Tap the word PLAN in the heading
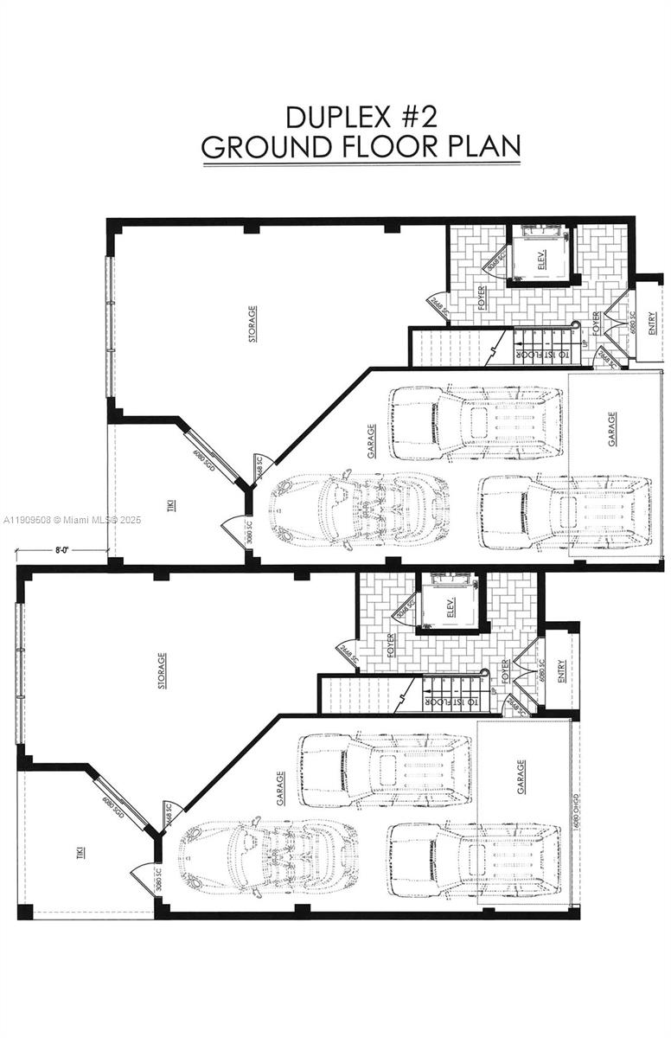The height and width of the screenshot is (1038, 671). click(x=483, y=147)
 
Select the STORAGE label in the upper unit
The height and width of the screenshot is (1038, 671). click(x=252, y=324)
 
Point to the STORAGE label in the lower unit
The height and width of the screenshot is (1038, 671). click(x=162, y=671)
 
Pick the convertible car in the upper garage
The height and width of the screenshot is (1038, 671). click(x=360, y=509)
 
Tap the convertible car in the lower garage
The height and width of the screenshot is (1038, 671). click(x=268, y=856)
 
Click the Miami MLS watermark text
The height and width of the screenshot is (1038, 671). click(x=71, y=520)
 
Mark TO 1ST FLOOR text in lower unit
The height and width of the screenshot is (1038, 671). click(x=449, y=702)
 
